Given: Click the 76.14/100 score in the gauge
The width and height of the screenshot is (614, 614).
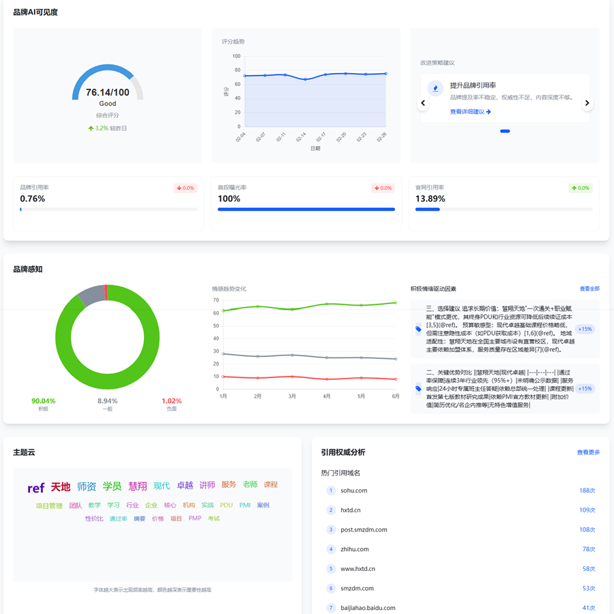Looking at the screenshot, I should (108, 92).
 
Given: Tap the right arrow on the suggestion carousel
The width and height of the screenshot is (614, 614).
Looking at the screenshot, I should (587, 103).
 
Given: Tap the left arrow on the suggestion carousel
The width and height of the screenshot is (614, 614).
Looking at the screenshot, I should (423, 103).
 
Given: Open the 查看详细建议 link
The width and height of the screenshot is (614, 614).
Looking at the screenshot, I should (470, 112).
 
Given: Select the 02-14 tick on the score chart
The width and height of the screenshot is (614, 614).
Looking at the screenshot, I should (301, 137).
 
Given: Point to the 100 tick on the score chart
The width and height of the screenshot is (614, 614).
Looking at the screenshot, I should (236, 57).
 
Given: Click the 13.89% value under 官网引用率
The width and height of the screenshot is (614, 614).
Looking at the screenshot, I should (430, 199).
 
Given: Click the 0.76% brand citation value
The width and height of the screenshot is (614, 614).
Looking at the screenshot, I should (32, 199).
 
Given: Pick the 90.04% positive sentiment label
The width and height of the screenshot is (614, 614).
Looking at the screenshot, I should (44, 401).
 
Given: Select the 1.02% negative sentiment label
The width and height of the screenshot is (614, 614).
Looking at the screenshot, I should (171, 401).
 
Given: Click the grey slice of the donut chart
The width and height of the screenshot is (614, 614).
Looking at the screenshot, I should (91, 295).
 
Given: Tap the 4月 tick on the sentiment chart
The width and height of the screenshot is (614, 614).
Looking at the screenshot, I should (327, 396).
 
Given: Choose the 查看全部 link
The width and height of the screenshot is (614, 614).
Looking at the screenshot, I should (589, 289).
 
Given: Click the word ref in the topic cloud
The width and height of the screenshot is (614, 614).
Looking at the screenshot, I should (36, 488).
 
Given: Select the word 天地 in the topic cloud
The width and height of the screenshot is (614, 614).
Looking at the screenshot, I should (61, 486).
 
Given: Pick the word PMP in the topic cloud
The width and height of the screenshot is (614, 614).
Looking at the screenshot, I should (195, 518).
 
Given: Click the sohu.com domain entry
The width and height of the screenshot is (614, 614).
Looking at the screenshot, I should (354, 491).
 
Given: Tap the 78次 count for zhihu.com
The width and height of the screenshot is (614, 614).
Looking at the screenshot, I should (588, 549).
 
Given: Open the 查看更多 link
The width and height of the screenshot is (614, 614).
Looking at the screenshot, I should (588, 452).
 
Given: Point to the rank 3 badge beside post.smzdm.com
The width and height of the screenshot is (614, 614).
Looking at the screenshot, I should (331, 529).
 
